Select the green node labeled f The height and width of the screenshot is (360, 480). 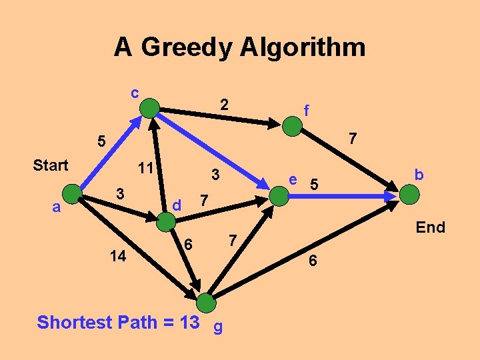(x=292, y=127)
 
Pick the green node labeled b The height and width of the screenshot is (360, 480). (x=409, y=195)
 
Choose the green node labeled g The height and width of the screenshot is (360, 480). (x=207, y=303)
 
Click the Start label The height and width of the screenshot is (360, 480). (x=51, y=165)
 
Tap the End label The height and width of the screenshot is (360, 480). (x=430, y=227)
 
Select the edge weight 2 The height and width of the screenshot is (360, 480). (x=225, y=105)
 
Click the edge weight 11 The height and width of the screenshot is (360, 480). (x=145, y=168)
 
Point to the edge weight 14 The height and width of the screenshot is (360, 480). (x=118, y=256)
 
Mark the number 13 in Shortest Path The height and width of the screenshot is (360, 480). (x=189, y=323)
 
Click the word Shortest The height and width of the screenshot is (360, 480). (x=74, y=323)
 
